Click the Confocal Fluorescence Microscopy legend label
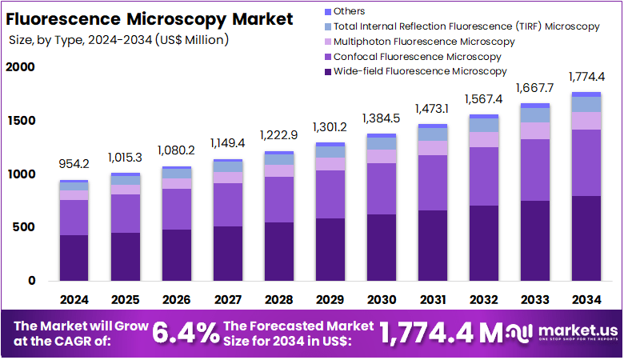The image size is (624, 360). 417,56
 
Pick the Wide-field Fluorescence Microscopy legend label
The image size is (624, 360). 420,71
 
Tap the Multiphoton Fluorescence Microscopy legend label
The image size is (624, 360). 424,41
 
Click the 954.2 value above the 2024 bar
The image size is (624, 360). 74,164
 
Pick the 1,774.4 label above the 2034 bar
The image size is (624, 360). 586,77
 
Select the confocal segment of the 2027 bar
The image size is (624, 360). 227,205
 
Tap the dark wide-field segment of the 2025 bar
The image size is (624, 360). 125,256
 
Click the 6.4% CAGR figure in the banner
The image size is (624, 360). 186,334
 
